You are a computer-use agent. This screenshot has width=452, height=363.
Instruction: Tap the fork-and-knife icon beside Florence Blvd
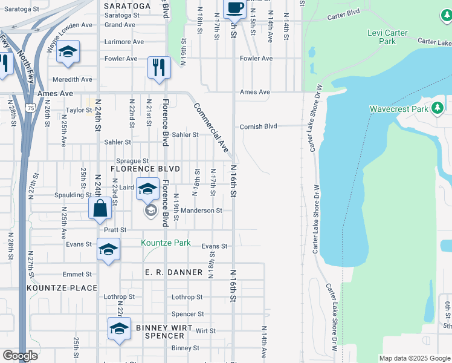159,67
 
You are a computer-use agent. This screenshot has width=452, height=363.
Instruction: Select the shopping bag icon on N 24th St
100,209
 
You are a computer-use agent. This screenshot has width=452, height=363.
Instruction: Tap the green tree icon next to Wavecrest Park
438,108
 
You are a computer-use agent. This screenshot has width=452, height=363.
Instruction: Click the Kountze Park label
166,243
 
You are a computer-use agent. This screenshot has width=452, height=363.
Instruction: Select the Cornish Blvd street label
258,126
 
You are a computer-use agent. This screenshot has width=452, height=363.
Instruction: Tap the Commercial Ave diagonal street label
211,128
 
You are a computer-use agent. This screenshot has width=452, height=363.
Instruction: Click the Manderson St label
202,211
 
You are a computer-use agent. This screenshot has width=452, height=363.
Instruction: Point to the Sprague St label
132,161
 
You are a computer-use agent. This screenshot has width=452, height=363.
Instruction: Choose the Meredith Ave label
73,80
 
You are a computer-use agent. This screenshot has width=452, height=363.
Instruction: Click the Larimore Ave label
124,42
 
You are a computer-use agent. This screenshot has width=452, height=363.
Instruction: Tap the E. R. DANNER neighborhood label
174,273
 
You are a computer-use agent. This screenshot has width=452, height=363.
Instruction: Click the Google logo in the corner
20,356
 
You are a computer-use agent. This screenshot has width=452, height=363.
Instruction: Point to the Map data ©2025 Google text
415,358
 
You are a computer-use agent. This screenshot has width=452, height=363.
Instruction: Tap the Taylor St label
79,110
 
